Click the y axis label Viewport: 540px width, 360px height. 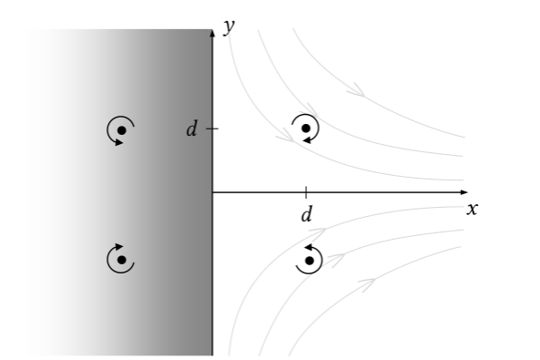(x=231, y=26)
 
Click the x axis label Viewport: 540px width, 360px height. (x=472, y=209)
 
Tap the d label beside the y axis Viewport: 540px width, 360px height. (x=191, y=129)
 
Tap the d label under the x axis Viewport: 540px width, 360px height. (x=306, y=215)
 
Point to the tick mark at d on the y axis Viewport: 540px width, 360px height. (x=212, y=129)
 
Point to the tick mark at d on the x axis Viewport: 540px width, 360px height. (x=306, y=192)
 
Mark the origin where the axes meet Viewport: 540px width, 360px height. (x=212, y=192)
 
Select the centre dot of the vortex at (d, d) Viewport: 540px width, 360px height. (x=306, y=128)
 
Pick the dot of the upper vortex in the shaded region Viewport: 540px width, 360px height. (x=120, y=131)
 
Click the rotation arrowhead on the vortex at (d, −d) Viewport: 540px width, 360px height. (x=310, y=247)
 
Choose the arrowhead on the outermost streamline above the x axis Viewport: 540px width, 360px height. (x=359, y=91)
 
